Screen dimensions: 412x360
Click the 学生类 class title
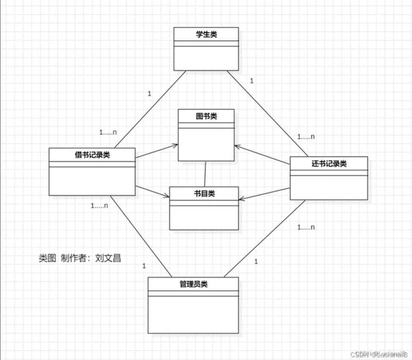pos(206,35)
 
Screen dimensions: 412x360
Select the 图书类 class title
pos(206,116)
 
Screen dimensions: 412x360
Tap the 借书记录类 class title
pos(92,155)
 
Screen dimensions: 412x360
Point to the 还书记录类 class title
pos(329,164)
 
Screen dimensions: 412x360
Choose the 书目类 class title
pos(204,194)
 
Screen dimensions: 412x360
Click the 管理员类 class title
pos(193,284)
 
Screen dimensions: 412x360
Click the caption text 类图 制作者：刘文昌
pos(80,258)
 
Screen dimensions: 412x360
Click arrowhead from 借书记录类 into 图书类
pos(175,146)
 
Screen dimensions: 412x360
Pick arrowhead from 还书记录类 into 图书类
pos(237,147)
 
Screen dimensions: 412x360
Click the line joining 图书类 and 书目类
pos(205,174)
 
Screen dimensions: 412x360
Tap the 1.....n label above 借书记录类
pos(108,132)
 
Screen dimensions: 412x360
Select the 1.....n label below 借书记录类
pos(99,206)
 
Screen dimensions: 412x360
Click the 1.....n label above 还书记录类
pos(306,136)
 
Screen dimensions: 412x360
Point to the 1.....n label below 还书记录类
pos(306,227)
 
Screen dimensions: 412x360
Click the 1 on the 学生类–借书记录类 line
pos(149,93)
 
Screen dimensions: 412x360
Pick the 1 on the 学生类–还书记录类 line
pos(252,81)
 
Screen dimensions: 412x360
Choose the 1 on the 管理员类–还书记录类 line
pos(256,262)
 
